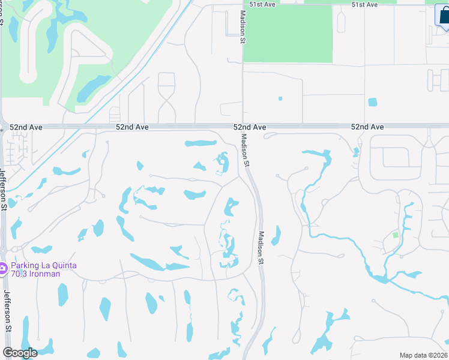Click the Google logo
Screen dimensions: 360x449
pos(20,353)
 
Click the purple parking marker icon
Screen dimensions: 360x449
pos(3,268)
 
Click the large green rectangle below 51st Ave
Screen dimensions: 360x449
pos(288,34)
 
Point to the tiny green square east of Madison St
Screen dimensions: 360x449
pos(396,235)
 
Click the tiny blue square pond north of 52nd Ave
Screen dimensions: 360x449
pos(280,98)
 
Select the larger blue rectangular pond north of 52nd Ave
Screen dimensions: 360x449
pos(372,102)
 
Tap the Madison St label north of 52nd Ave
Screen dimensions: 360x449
pos(243,27)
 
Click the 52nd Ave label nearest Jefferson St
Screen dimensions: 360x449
pos(26,127)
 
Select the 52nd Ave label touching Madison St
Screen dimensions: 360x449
pos(250,127)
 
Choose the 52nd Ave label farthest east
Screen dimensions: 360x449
pos(367,127)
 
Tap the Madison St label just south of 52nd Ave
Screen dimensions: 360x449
pos(245,149)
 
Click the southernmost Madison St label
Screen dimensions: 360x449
pos(261,248)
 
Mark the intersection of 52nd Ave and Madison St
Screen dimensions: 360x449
pos(243,127)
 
